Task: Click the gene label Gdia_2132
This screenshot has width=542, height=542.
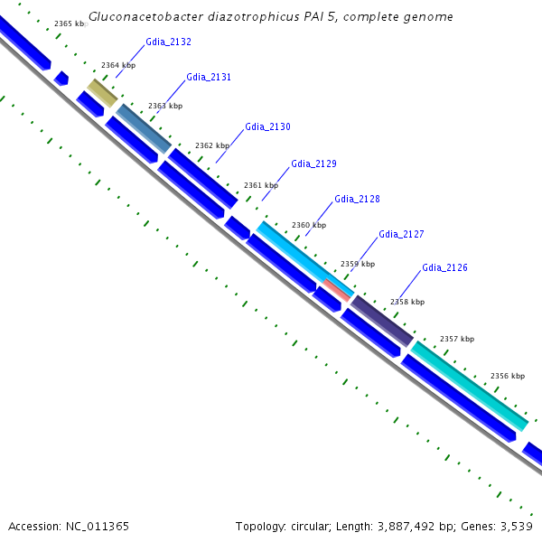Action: (168, 42)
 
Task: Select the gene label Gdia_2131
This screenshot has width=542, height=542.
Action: (209, 78)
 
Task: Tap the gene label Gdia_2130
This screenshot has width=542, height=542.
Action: (267, 127)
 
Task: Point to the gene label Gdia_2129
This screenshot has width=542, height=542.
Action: (313, 164)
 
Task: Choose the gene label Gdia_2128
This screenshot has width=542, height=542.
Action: (357, 200)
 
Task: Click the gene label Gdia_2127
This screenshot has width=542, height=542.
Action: (401, 235)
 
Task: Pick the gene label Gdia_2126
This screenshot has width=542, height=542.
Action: (444, 268)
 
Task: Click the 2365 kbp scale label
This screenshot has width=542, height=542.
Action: (70, 23)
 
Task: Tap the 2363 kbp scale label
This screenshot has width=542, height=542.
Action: (165, 107)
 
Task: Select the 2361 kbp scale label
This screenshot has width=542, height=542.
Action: (261, 185)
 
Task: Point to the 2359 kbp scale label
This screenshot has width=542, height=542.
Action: (357, 264)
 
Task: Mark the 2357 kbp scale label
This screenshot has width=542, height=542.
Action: (456, 340)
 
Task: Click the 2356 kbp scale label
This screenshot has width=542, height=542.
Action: (507, 376)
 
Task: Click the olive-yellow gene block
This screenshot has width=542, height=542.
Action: (102, 92)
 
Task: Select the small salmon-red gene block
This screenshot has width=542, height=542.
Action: (337, 289)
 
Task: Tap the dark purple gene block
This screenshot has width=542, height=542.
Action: (381, 320)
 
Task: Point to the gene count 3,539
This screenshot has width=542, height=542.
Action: (516, 526)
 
